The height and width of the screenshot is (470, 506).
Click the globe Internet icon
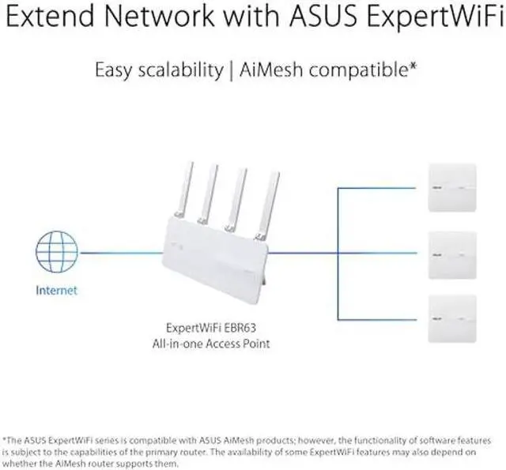pos(56,253)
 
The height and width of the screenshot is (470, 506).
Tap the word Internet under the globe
pos(57,291)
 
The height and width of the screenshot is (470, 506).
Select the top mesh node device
pos(452,187)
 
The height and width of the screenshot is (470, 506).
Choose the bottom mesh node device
pos(452,318)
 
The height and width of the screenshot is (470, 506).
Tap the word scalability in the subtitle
pos(176,70)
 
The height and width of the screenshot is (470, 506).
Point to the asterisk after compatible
pos(413,66)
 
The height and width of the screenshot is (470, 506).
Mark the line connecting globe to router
pos(119,253)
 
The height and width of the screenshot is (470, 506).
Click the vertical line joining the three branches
pos(338,253)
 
